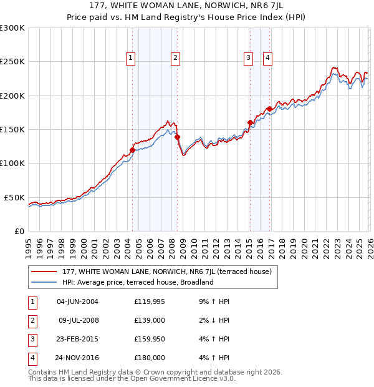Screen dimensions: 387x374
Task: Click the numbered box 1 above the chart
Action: click(131, 58)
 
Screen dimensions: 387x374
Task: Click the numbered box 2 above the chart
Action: click(176, 58)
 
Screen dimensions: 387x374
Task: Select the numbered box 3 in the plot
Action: click(248, 58)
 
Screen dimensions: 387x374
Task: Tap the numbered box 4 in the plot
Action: click(267, 58)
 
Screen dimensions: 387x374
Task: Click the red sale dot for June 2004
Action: click(132, 150)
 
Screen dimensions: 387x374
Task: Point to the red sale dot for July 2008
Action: click(177, 137)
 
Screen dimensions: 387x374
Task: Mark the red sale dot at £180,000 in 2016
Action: click(269, 109)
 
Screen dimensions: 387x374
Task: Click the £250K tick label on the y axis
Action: click(12, 62)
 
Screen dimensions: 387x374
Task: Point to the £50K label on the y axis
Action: click(15, 197)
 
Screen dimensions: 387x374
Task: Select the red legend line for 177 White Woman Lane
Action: click(45, 272)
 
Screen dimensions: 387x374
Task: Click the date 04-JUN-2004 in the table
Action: click(77, 301)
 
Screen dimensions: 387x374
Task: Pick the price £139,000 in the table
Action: click(150, 320)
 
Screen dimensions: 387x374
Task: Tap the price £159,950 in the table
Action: click(150, 339)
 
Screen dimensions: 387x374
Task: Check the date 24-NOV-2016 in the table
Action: click(77, 358)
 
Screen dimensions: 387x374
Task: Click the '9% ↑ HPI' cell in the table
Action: click(214, 301)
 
